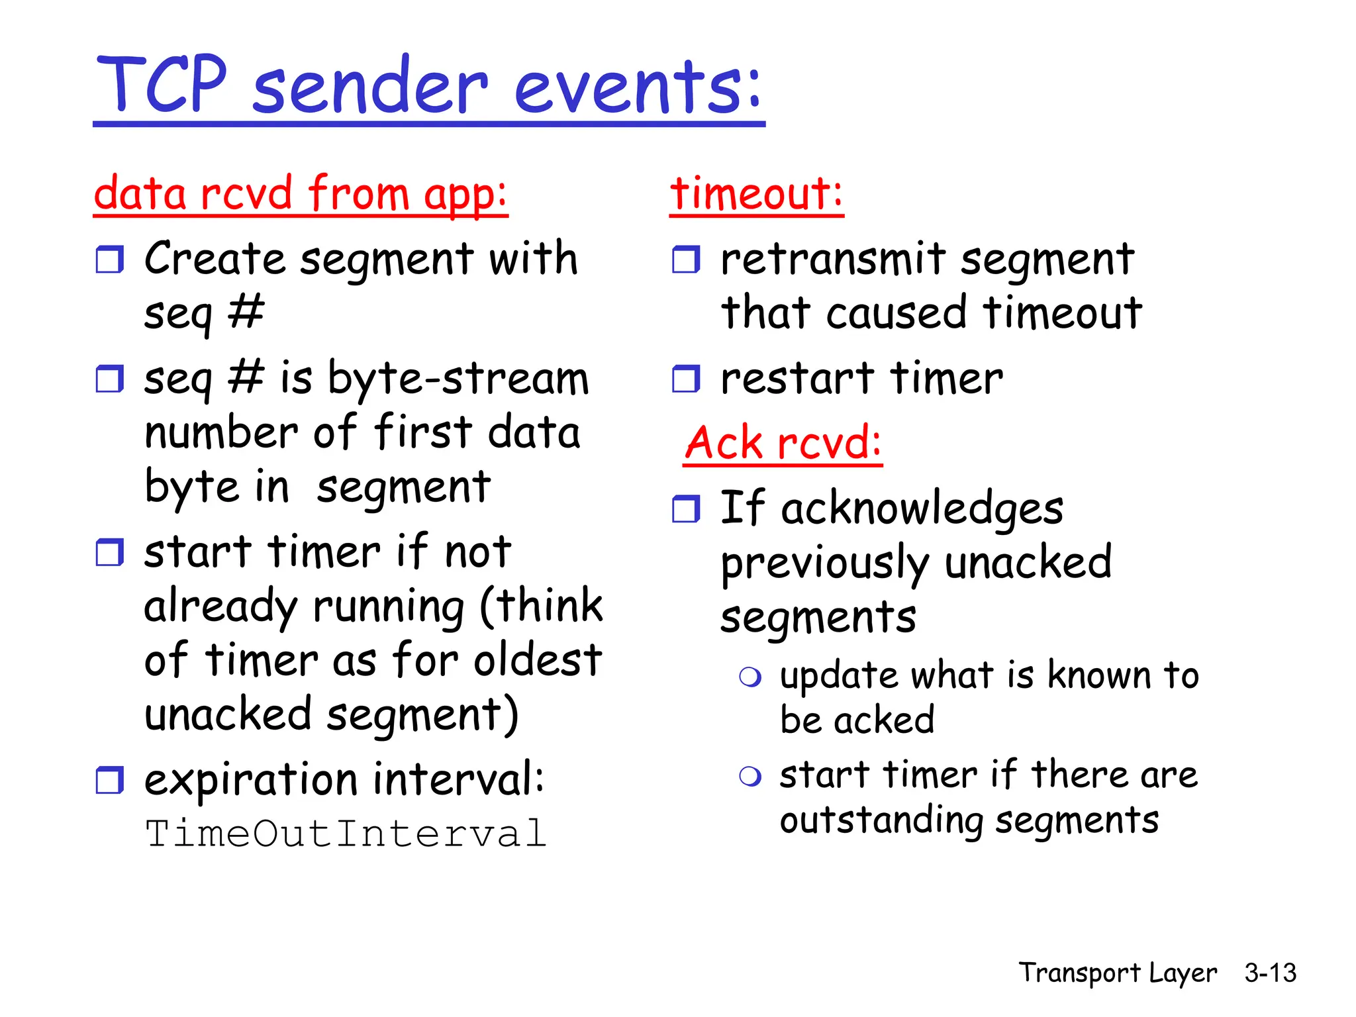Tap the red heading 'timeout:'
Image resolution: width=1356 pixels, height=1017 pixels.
click(755, 193)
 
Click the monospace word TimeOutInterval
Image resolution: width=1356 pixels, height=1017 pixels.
click(346, 833)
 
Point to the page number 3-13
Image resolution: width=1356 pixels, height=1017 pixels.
click(1269, 973)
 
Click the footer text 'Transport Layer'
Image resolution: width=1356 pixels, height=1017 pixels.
click(1117, 973)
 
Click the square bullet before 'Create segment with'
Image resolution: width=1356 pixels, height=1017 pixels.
click(109, 260)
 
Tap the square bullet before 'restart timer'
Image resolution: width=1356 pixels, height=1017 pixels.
click(686, 379)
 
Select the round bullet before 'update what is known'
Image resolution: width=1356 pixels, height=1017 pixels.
click(750, 677)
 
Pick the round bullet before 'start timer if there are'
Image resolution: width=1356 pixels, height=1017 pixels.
click(750, 776)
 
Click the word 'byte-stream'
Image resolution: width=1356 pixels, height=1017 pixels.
click(458, 379)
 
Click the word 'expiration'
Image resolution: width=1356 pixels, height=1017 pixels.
click(251, 779)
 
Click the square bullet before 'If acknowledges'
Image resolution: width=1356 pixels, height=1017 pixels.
click(686, 509)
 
